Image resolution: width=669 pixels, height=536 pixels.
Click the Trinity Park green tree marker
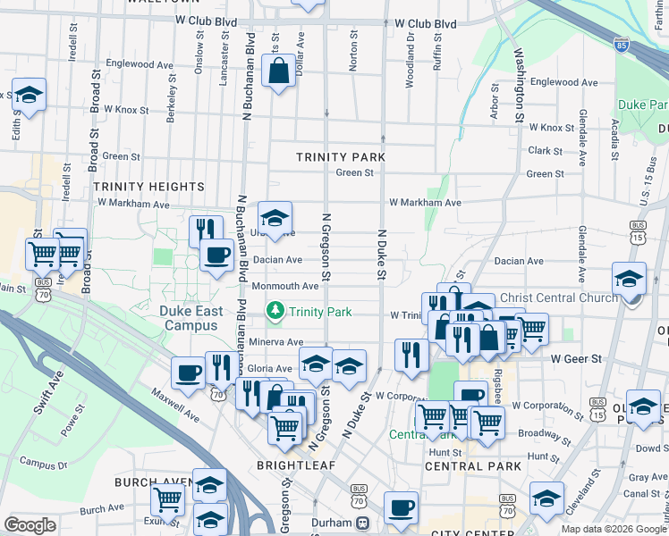(x=275, y=311)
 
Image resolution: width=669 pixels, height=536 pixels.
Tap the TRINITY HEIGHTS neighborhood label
(x=148, y=186)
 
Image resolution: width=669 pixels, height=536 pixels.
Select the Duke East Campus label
(x=191, y=319)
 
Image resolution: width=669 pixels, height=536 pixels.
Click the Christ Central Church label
(x=559, y=297)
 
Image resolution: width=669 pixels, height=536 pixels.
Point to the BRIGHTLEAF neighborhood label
(x=296, y=465)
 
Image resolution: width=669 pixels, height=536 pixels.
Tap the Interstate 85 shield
(x=621, y=43)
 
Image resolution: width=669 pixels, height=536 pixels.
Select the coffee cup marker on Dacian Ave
(x=216, y=255)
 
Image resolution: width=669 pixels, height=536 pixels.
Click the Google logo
(x=30, y=525)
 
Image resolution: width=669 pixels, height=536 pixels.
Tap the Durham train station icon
(x=363, y=523)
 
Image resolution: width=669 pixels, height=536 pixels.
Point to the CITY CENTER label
(x=462, y=533)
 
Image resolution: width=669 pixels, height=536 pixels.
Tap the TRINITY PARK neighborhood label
(x=341, y=157)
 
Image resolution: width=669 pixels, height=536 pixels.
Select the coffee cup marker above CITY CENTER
(x=401, y=507)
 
